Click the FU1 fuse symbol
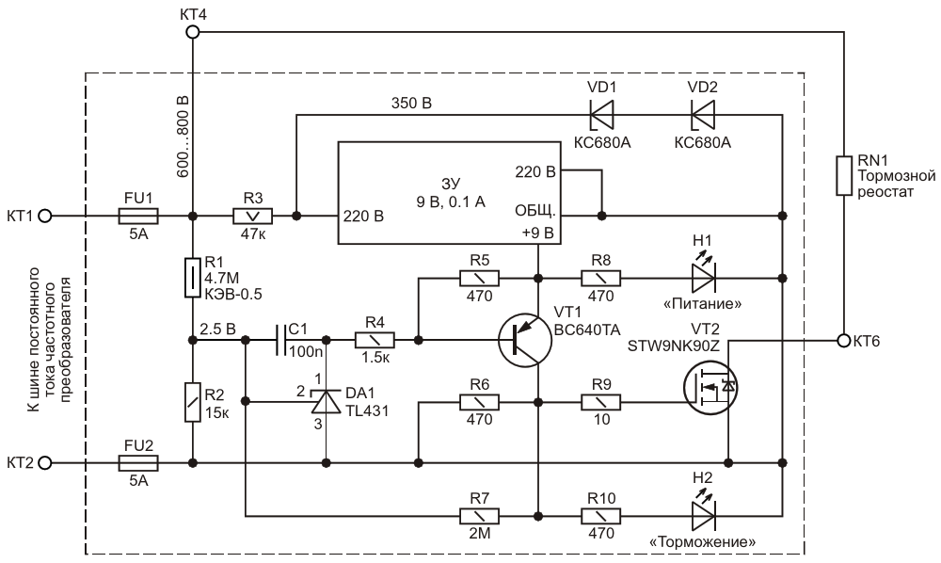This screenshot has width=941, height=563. point(138,216)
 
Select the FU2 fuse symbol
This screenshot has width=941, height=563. point(138,463)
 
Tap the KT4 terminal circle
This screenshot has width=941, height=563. point(192,31)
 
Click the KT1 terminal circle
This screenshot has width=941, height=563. point(45,216)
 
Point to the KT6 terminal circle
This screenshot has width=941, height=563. point(844,340)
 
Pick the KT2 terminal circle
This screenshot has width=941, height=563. point(45,463)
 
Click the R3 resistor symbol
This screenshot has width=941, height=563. point(252,216)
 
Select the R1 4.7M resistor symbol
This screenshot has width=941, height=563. point(192,278)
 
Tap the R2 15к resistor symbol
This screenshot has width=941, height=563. point(192,402)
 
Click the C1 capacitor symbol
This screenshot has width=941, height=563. point(280,340)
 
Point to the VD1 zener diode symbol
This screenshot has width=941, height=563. point(602,114)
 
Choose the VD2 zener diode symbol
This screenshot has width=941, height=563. point(703,114)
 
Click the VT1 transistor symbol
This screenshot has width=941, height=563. point(524,340)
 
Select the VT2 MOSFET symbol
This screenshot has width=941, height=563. point(710,388)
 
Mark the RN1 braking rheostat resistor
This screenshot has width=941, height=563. point(844,176)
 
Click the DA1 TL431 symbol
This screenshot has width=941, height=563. point(326,401)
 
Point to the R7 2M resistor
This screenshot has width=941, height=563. point(479,516)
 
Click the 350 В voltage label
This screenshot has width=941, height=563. point(411,104)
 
